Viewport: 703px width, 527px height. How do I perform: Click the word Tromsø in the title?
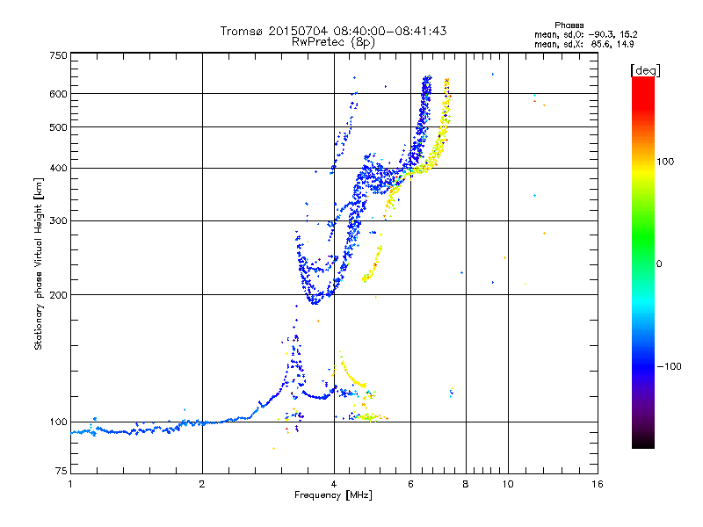(243, 31)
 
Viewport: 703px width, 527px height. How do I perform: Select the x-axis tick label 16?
(597, 485)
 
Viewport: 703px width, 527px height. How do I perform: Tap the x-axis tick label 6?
(411, 485)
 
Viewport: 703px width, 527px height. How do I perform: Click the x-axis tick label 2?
(202, 485)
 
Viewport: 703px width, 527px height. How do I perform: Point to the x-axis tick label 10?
(506, 485)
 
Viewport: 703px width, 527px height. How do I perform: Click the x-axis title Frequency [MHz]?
(333, 496)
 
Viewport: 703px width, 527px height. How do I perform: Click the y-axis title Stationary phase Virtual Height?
(39, 263)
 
